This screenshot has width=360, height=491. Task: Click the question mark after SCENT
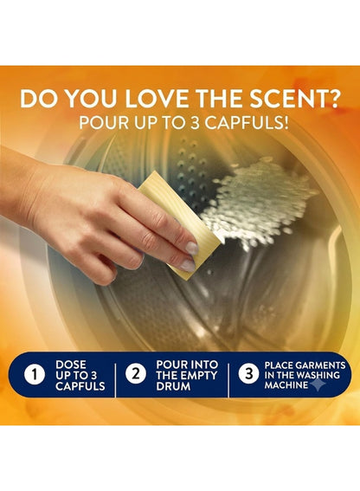point(333,99)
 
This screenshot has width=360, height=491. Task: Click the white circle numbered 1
point(35,374)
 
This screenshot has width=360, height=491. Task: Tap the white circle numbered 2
point(136,374)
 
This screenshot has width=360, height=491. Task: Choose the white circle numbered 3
point(248,373)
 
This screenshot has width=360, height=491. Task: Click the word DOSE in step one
point(71,365)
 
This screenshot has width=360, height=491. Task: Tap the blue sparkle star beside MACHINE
point(316,384)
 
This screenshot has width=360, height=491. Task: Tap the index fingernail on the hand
point(192,248)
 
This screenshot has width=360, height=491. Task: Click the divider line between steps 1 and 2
point(115,380)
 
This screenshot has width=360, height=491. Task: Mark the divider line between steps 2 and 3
point(228,380)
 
